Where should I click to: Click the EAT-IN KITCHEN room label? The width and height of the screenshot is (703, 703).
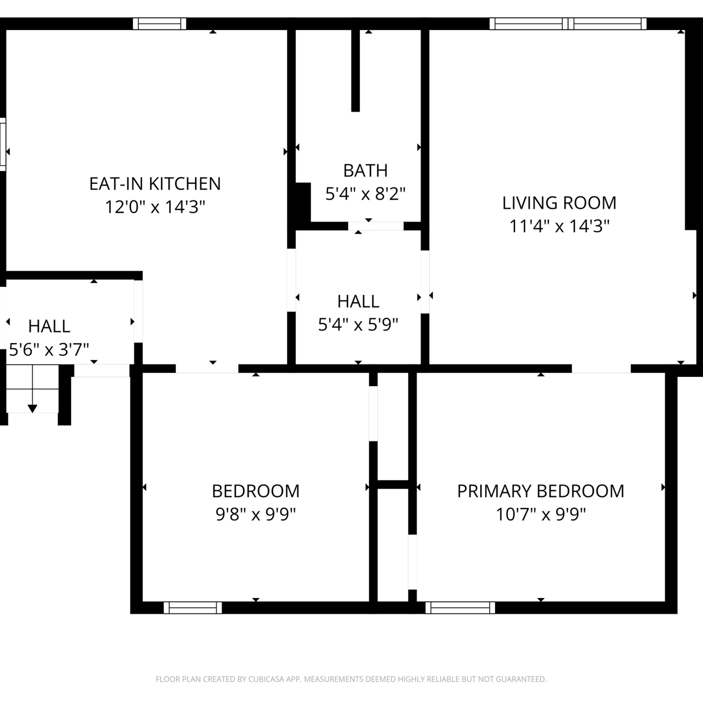(x=155, y=184)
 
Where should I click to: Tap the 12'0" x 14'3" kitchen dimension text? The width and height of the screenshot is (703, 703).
(x=155, y=207)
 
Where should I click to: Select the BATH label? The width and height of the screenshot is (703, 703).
(x=366, y=171)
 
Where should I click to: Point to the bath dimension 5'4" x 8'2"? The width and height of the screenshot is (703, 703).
(x=366, y=194)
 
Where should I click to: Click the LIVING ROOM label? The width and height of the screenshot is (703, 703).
(x=559, y=203)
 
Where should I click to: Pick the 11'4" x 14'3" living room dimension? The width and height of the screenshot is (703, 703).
(x=559, y=226)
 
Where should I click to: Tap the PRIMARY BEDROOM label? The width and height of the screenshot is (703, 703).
(x=541, y=491)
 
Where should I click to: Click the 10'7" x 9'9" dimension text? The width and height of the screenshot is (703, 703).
(x=541, y=515)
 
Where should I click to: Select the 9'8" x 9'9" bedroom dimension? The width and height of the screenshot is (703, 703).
(x=255, y=515)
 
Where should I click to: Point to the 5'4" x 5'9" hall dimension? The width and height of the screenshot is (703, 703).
(x=358, y=324)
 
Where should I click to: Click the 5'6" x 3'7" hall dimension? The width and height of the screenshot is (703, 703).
(x=49, y=349)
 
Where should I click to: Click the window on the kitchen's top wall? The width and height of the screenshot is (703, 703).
(x=159, y=23)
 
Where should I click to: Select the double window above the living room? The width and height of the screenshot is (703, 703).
(x=568, y=23)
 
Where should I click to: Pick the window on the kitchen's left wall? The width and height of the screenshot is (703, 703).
(x=3, y=144)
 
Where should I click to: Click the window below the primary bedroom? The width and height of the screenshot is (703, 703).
(x=460, y=608)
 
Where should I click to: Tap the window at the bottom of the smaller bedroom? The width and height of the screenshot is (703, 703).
(x=193, y=608)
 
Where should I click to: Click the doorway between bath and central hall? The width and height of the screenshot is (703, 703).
(x=376, y=226)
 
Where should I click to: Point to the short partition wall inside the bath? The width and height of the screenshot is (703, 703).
(x=356, y=70)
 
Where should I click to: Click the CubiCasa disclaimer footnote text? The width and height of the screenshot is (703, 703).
(x=351, y=679)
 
